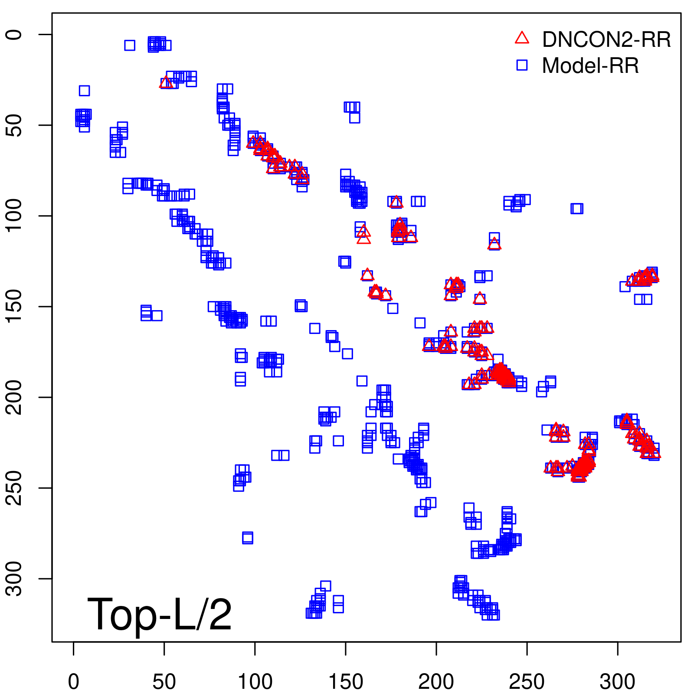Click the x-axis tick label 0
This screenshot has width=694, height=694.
point(74,682)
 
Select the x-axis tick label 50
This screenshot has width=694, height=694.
point(164,682)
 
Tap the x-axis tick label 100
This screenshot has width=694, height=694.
point(255,682)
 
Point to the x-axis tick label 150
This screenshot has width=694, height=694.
point(346,682)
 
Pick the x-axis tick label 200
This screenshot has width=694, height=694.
point(436,682)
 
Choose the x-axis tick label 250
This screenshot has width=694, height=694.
point(527,682)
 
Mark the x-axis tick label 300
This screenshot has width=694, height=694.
point(618,682)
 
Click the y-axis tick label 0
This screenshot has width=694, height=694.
point(14,35)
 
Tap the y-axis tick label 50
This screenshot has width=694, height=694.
point(14,125)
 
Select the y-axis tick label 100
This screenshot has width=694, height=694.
point(14,216)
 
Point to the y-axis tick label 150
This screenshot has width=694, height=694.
point(14,306)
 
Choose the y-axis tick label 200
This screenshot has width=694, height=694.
point(14,397)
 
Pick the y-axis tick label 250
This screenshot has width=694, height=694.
point(14,488)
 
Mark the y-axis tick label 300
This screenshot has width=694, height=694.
point(14,578)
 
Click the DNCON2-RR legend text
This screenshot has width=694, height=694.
point(606,40)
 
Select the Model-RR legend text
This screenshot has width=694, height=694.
point(590,66)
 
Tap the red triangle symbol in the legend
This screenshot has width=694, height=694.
point(522,39)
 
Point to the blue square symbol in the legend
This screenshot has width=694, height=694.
point(522,65)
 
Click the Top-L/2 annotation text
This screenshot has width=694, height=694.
point(160,614)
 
